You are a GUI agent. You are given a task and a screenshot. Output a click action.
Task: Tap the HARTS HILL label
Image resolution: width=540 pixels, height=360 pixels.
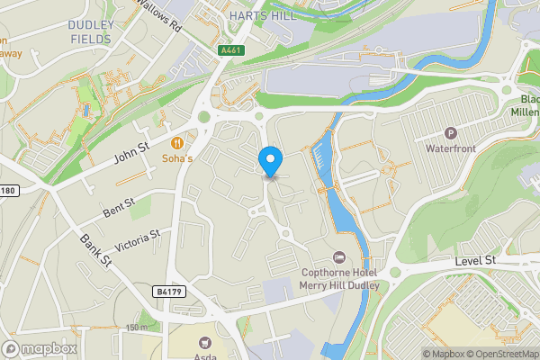click(x=256, y=16)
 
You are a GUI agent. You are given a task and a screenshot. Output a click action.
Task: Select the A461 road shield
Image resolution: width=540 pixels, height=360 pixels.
click(x=229, y=51)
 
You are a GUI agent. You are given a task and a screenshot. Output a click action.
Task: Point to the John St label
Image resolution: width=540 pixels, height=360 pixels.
click(x=131, y=155)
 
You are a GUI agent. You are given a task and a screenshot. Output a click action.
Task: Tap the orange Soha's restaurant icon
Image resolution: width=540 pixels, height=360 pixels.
click(x=178, y=141)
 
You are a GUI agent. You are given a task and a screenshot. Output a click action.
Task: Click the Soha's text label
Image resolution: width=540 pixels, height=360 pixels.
click(x=178, y=158)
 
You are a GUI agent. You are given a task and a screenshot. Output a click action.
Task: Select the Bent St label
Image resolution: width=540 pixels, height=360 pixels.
click(x=118, y=211)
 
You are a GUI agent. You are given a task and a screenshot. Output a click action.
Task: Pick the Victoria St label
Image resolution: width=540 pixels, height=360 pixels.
click(x=137, y=240)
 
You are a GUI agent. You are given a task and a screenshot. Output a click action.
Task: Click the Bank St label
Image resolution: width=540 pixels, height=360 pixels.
click(x=94, y=251)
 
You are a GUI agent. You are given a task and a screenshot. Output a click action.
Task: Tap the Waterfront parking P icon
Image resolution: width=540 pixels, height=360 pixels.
click(x=452, y=131)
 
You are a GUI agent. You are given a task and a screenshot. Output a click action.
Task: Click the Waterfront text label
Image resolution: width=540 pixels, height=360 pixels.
click(x=452, y=148)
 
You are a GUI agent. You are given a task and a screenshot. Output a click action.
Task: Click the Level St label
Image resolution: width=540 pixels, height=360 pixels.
click(x=475, y=260)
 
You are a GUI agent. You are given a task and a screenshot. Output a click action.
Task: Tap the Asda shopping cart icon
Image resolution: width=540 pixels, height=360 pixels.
click(x=206, y=342)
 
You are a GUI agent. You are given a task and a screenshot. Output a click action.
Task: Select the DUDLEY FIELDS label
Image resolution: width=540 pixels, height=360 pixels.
click(x=91, y=32)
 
